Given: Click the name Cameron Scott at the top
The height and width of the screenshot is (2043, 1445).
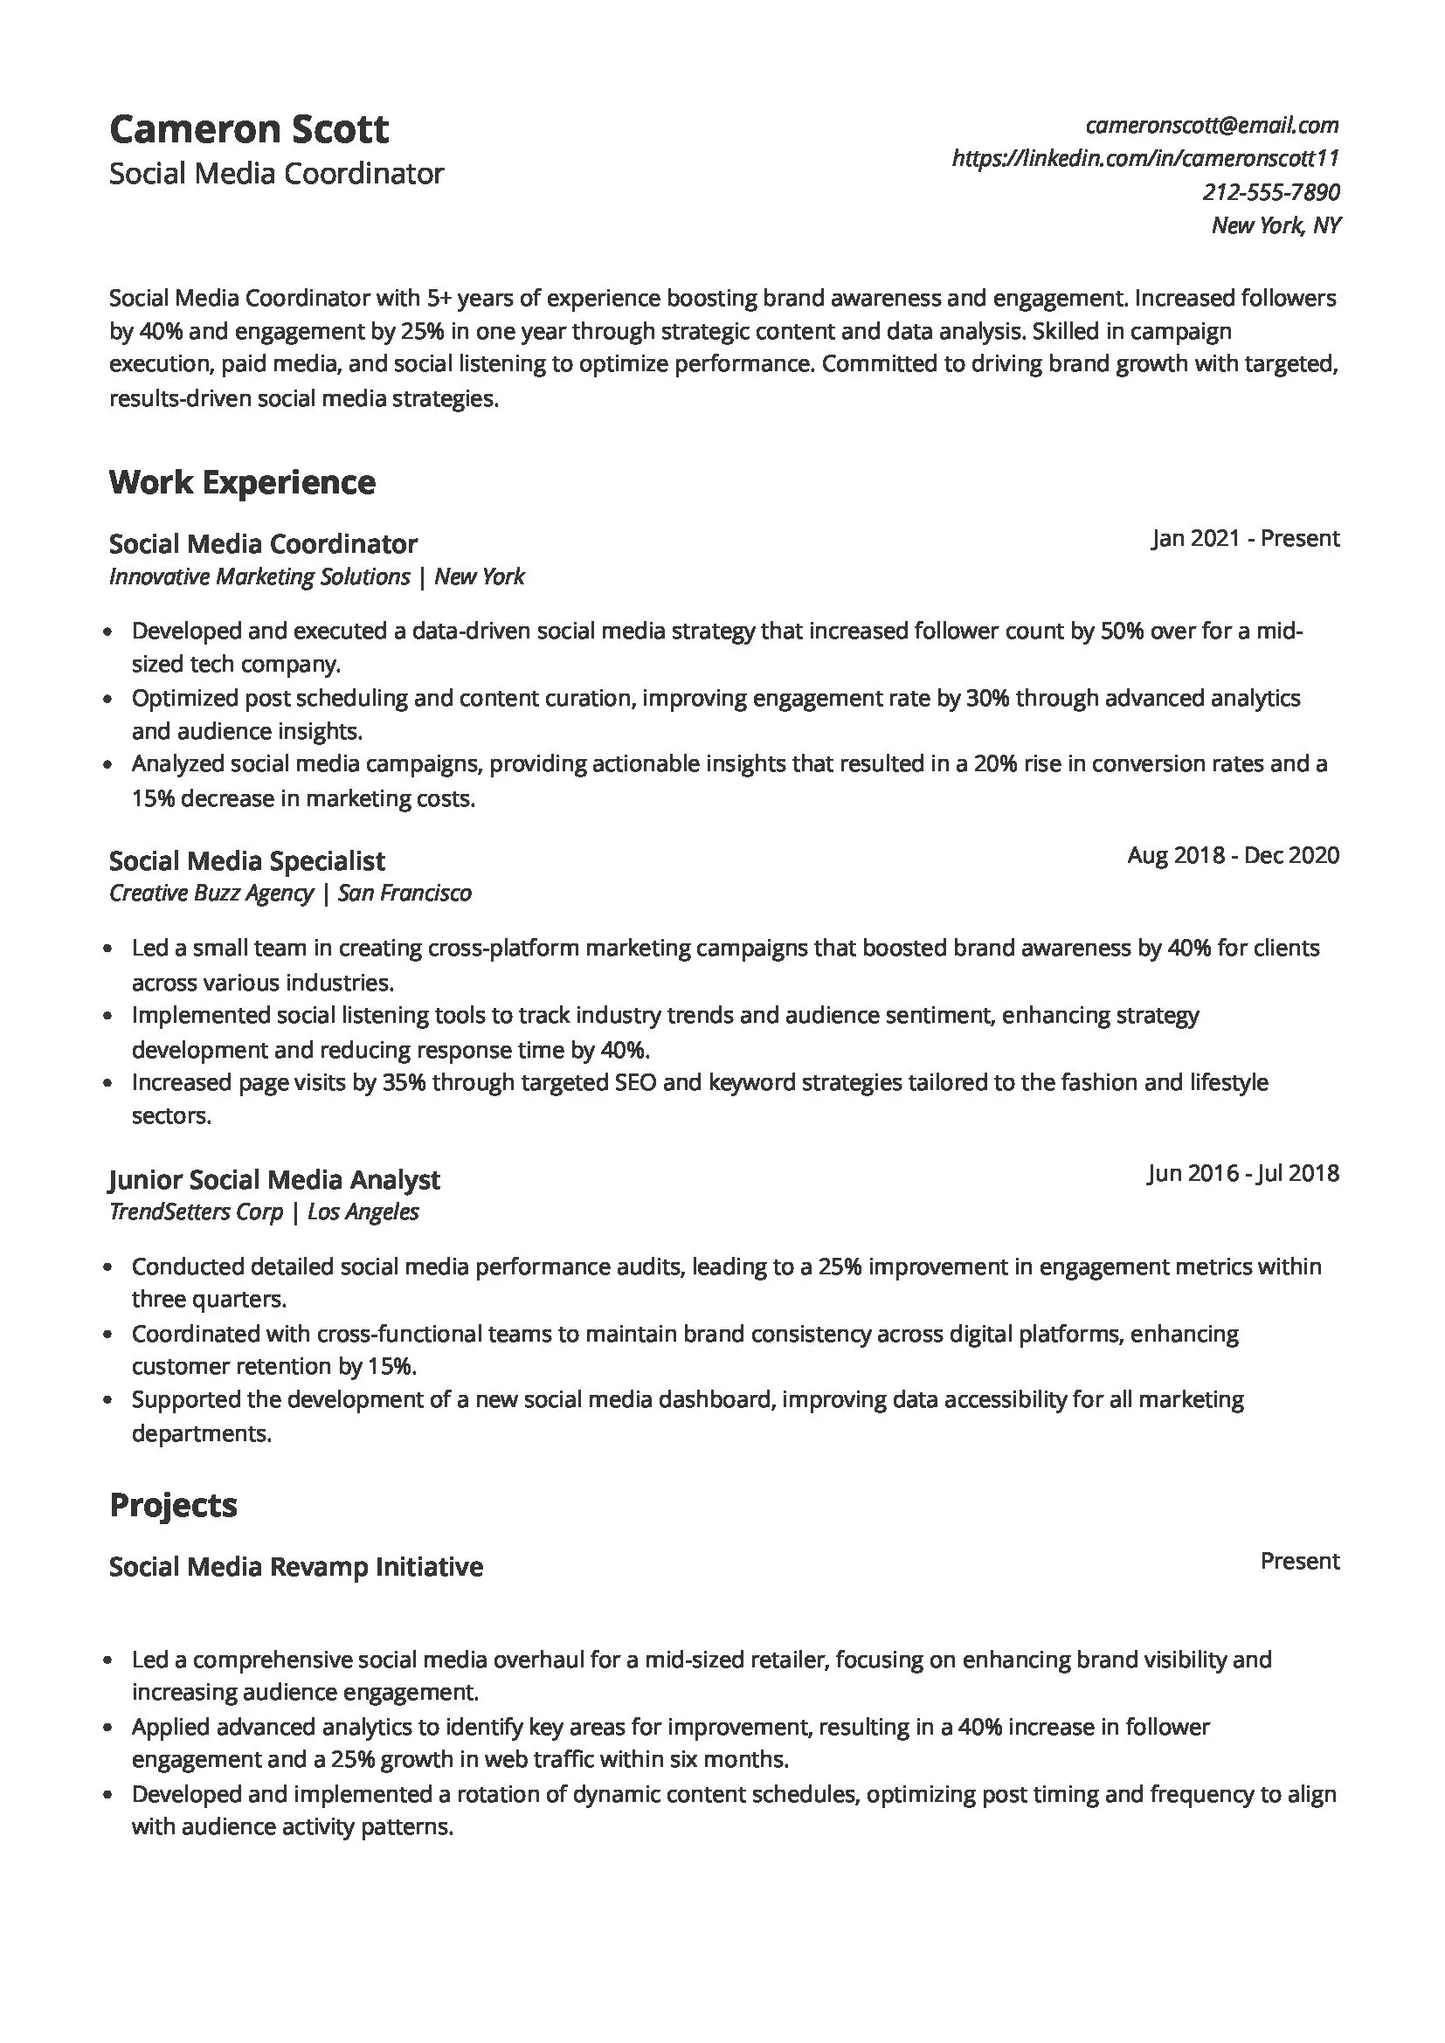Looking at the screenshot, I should click(x=248, y=130).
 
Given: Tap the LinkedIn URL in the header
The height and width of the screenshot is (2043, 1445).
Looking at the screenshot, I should click(x=1145, y=158).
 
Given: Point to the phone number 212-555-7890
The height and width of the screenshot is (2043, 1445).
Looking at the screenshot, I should click(x=1270, y=192).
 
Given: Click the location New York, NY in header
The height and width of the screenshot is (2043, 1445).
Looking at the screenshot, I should click(x=1275, y=225).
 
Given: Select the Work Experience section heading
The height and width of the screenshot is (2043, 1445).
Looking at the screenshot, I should click(x=242, y=482).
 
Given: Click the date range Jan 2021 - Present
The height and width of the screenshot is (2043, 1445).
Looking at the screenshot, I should click(x=1245, y=538).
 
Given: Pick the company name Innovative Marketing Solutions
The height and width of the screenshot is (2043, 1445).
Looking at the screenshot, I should click(x=259, y=576).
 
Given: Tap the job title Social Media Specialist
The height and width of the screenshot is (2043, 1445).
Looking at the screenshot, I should click(x=246, y=860).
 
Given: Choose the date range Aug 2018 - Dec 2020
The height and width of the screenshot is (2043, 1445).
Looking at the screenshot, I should click(x=1233, y=855).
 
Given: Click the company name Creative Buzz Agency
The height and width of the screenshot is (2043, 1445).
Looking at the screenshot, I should click(x=211, y=893).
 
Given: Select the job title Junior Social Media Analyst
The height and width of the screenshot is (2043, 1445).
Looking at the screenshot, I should click(x=274, y=1179).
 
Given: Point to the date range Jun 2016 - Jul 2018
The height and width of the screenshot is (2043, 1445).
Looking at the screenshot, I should click(x=1242, y=1173).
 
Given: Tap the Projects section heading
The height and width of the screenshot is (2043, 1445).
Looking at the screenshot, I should click(x=173, y=1505).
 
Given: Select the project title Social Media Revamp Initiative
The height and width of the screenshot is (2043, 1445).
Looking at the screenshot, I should click(x=295, y=1566).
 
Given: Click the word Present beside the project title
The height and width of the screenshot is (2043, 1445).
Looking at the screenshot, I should click(x=1299, y=1561).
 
